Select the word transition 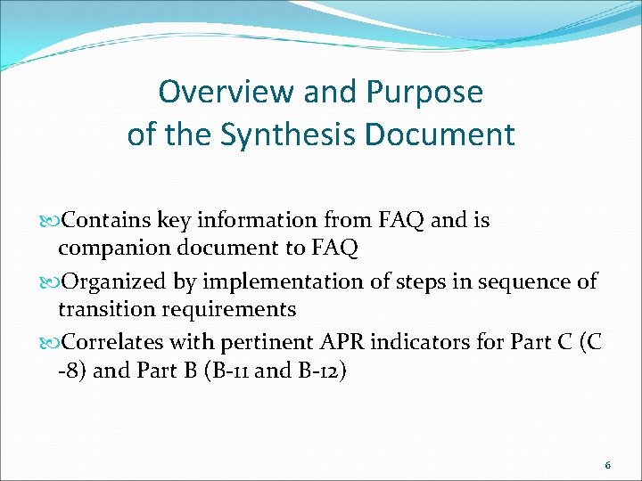click(x=104, y=310)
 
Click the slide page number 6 click(x=607, y=465)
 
